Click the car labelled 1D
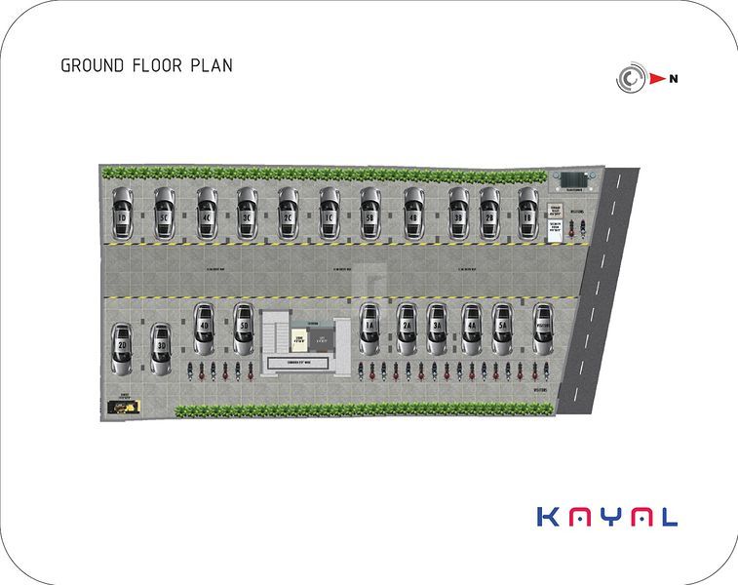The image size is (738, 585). pos(122,212)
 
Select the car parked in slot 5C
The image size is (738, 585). pos(164,212)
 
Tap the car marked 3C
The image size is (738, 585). pos(247,212)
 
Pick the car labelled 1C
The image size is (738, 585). pos(330,212)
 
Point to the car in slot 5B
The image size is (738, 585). pos(370,212)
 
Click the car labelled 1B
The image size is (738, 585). pos(527,212)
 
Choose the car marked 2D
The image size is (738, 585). pos(122,349)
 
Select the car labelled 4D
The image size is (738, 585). pos(204,330)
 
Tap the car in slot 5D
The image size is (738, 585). pos(244,330)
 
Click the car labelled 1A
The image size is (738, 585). pos(369,330)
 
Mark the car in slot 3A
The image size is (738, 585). pos(437,330)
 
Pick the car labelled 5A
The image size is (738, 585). pos(502,330)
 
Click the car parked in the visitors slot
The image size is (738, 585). pos(543,330)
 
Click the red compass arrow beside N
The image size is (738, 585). pos(658,79)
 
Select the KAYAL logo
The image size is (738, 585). pos(606,517)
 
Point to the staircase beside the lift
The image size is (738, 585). pos(277,334)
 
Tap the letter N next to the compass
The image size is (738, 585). pos(673,79)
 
